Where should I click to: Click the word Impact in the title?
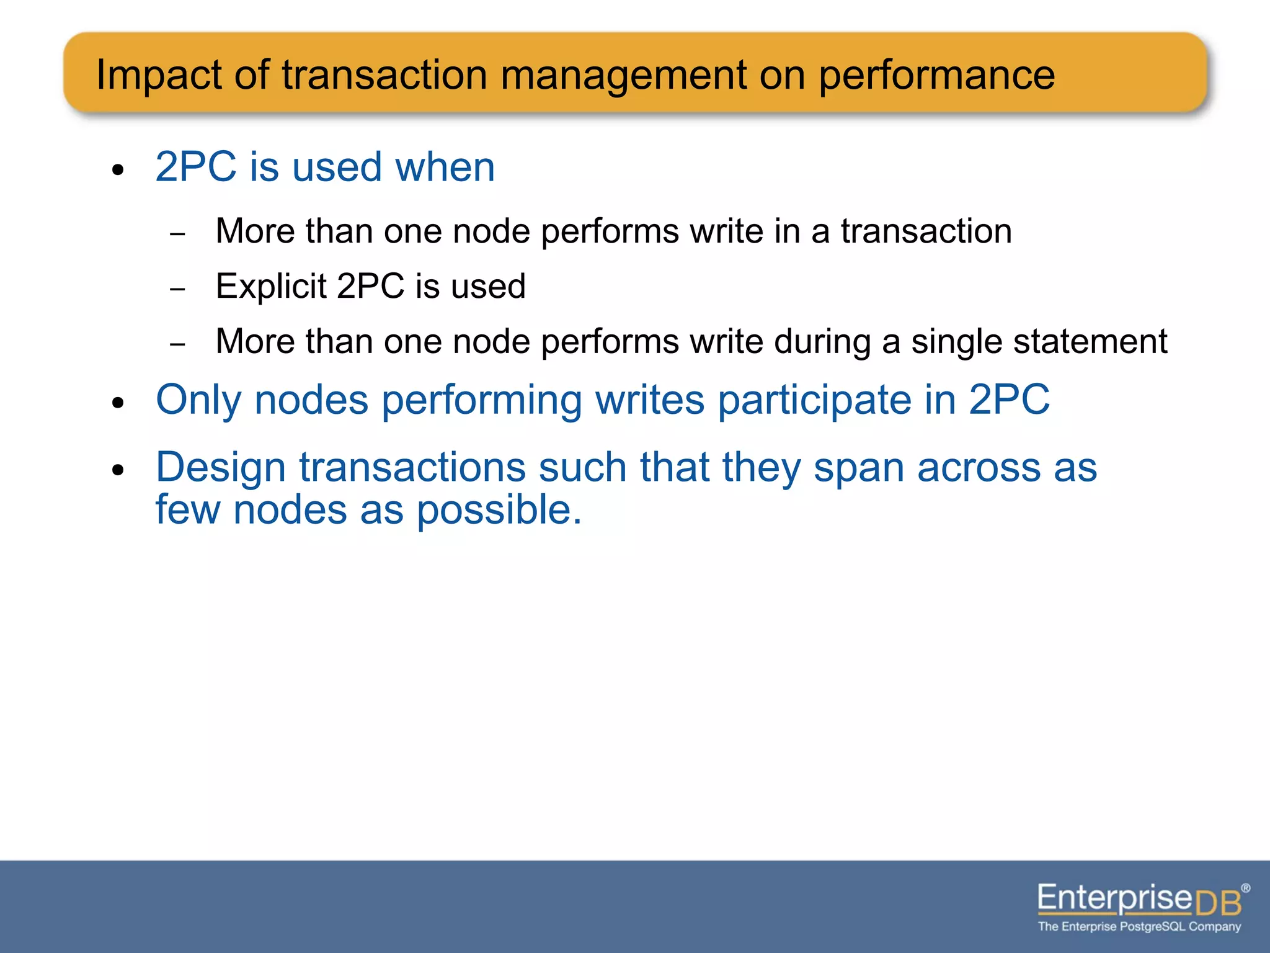pyautogui.click(x=159, y=76)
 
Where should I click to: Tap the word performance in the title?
pyautogui.click(x=936, y=76)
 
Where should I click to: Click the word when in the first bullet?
pyautogui.click(x=445, y=167)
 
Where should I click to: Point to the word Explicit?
pyautogui.click(x=271, y=286)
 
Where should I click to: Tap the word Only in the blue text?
pyautogui.click(x=198, y=400)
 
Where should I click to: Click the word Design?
pyautogui.click(x=220, y=467)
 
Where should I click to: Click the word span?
pyautogui.click(x=859, y=467)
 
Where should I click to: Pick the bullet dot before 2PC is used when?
pyautogui.click(x=118, y=170)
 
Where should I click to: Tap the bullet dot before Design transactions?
pyautogui.click(x=118, y=470)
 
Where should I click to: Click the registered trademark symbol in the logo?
pyautogui.click(x=1245, y=888)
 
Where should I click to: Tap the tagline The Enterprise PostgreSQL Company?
pyautogui.click(x=1139, y=927)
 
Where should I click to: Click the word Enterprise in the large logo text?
pyautogui.click(x=1114, y=898)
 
